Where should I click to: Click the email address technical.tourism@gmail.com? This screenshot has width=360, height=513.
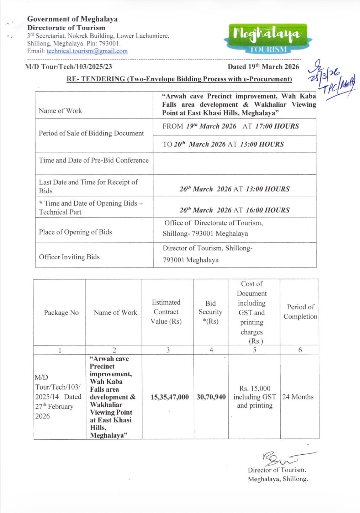(87, 51)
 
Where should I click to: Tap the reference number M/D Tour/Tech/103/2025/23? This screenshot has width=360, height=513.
(69, 67)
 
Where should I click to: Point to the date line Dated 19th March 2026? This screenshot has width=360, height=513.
(263, 67)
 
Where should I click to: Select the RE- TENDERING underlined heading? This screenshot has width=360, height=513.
(179, 79)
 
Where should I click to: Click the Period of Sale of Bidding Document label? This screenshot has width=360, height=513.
(91, 133)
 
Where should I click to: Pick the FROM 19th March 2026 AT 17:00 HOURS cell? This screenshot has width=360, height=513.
(231, 126)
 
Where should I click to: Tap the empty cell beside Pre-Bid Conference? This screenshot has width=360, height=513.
(234, 164)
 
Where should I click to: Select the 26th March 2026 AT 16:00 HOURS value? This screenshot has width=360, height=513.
(234, 210)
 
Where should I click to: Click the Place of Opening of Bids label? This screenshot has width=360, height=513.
(75, 232)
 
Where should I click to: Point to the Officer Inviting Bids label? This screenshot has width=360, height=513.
(69, 257)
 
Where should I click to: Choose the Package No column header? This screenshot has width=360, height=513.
(61, 312)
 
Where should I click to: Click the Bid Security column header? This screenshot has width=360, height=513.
(210, 312)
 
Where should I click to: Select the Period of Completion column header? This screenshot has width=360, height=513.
(300, 312)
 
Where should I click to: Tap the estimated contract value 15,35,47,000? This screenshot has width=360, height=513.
(169, 397)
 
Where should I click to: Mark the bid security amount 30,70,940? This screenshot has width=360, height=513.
(211, 397)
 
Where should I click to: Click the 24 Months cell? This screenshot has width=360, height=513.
(298, 397)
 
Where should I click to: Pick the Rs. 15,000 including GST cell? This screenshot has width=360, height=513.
(254, 397)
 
